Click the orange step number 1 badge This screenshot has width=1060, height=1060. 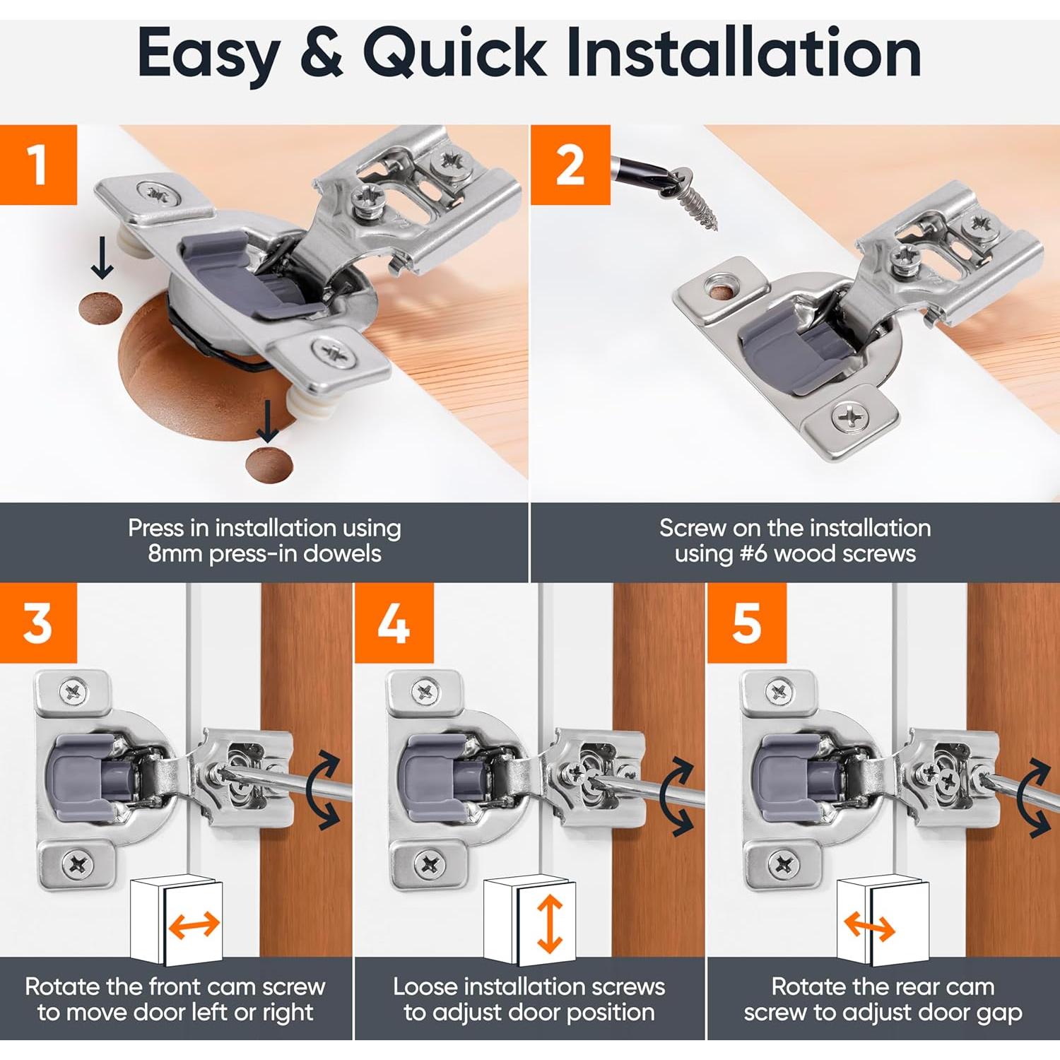[38, 165]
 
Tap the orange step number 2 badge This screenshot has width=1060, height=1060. [570, 165]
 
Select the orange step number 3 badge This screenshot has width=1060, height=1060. [38, 623]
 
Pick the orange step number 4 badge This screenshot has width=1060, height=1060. [394, 623]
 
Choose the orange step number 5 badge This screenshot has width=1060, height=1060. [747, 623]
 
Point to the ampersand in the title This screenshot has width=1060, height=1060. [321, 53]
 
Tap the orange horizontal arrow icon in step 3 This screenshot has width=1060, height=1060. [194, 925]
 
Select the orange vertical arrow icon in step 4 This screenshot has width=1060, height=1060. [550, 924]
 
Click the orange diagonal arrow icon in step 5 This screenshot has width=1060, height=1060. [870, 926]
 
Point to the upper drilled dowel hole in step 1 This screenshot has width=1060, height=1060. [100, 307]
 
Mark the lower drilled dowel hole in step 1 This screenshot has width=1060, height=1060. [269, 464]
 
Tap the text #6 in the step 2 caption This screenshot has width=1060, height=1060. [753, 553]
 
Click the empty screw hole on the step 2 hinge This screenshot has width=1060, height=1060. [722, 290]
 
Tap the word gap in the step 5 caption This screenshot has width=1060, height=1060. [999, 1013]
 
